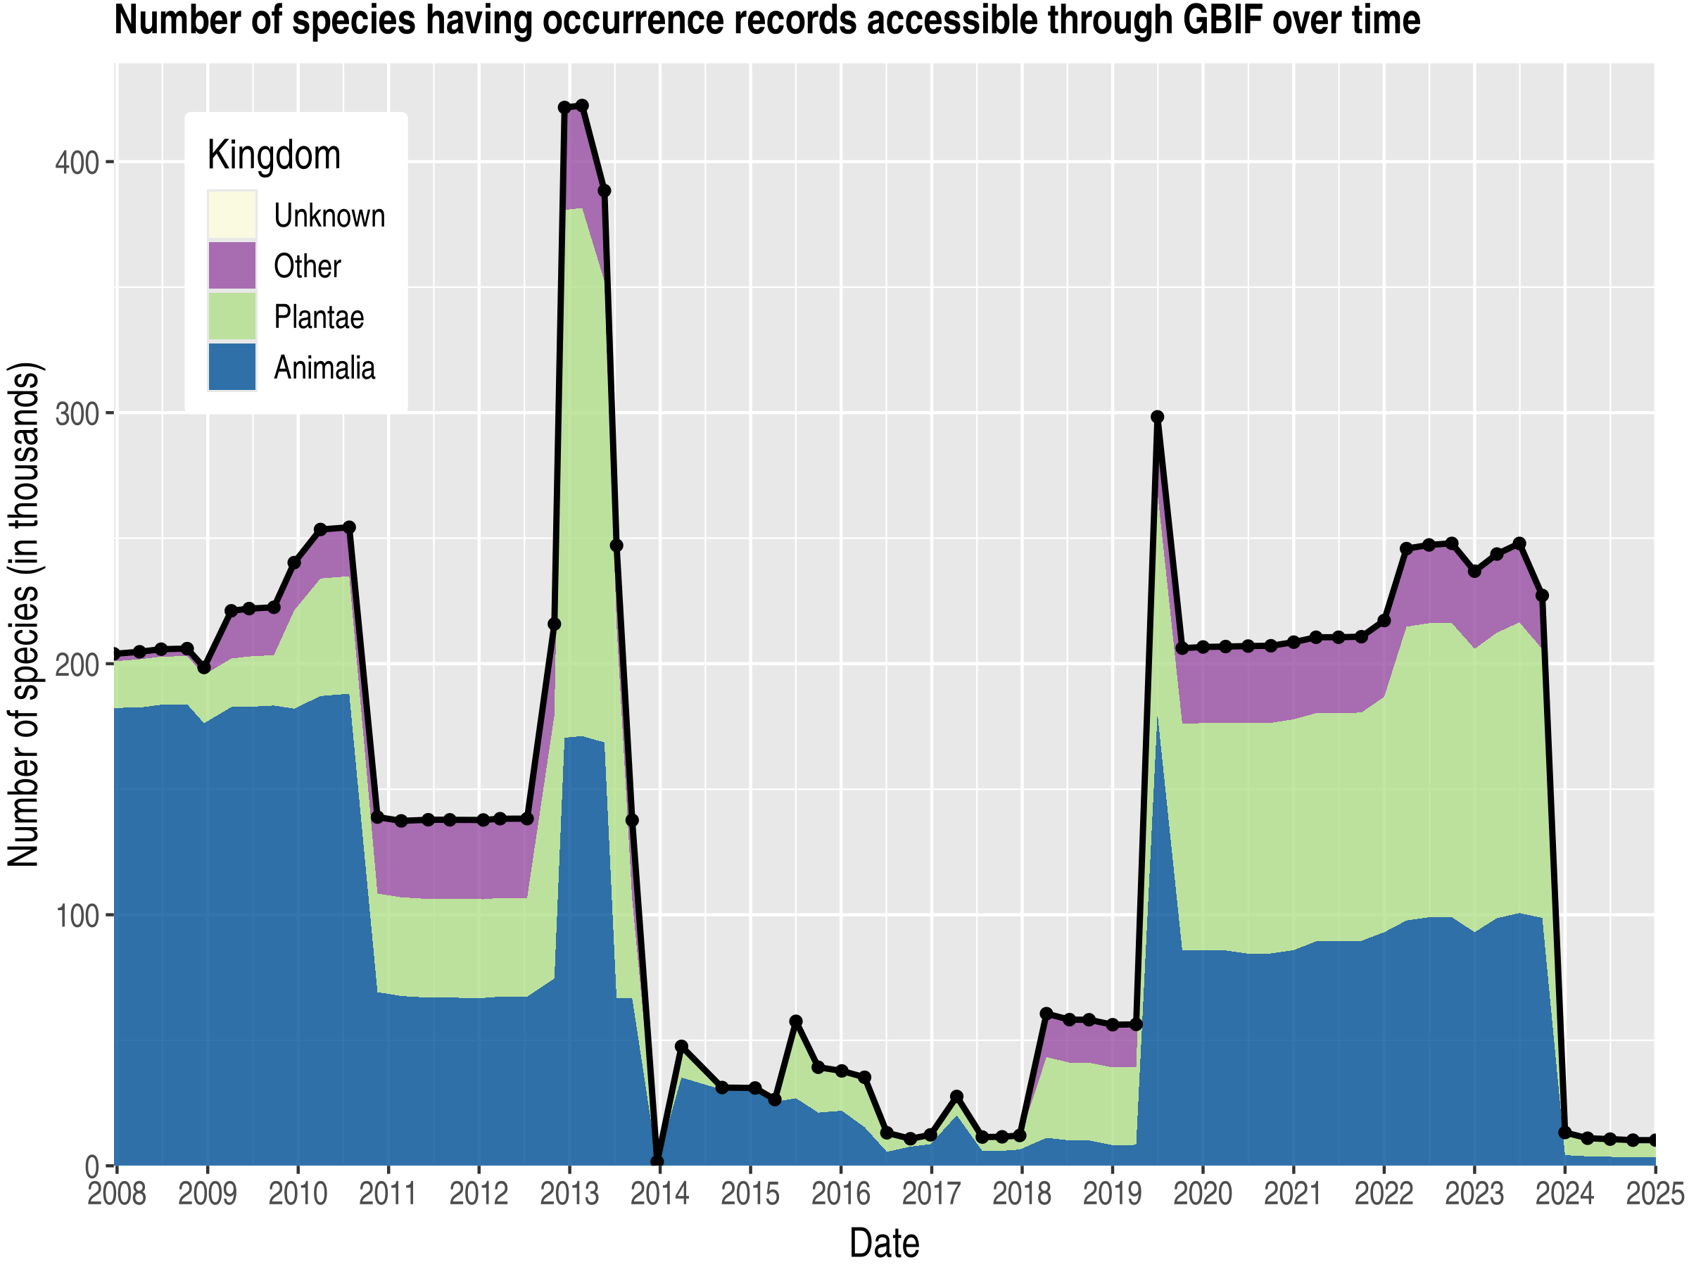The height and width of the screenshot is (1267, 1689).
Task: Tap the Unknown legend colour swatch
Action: point(232,215)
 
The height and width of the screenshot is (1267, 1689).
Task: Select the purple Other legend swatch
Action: point(232,266)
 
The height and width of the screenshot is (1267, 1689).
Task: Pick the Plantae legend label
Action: point(318,317)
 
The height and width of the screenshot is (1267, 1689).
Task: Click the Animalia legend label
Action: point(324,368)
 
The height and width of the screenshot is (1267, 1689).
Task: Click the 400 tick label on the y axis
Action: point(77,163)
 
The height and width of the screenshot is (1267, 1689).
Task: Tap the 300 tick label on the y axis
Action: point(77,414)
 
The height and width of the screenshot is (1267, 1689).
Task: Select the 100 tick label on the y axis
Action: point(77,916)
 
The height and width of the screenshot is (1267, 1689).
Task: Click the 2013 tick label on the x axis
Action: point(569,1193)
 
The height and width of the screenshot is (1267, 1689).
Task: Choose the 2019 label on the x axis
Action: point(1112,1193)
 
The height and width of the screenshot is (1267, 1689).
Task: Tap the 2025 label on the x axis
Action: point(1654,1193)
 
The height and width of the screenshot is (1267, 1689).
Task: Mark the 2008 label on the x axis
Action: point(117,1193)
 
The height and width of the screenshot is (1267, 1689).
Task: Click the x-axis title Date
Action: point(884,1243)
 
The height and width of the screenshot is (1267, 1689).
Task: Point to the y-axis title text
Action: point(25,614)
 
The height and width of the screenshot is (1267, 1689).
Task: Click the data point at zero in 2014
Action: point(657,1161)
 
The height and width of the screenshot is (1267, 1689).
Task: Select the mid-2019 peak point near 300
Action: point(1158,417)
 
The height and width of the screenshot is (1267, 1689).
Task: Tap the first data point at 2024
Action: point(1564,1133)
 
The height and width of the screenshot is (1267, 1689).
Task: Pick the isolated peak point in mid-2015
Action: point(796,1022)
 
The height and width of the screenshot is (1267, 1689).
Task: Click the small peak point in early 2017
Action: point(956,1097)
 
